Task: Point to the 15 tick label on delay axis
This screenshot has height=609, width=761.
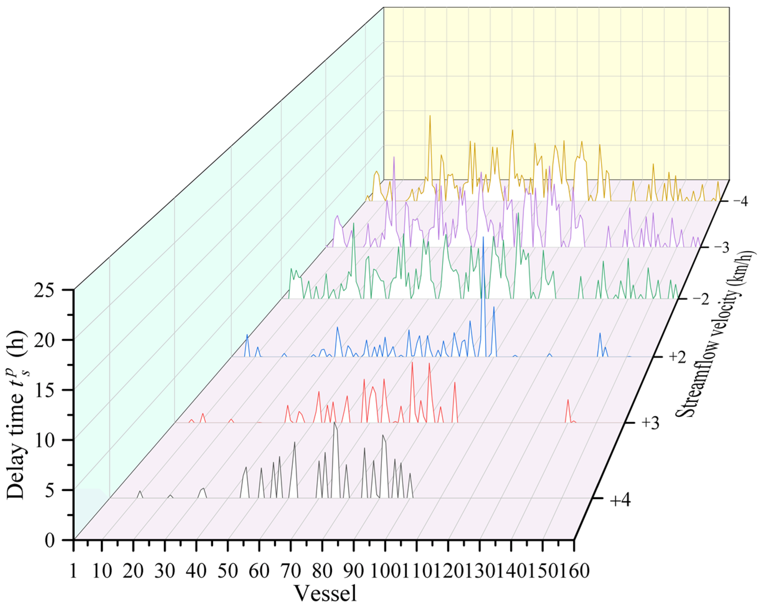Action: (50, 390)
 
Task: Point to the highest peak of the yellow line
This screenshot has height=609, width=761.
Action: (430, 116)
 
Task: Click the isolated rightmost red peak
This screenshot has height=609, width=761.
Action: (568, 400)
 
